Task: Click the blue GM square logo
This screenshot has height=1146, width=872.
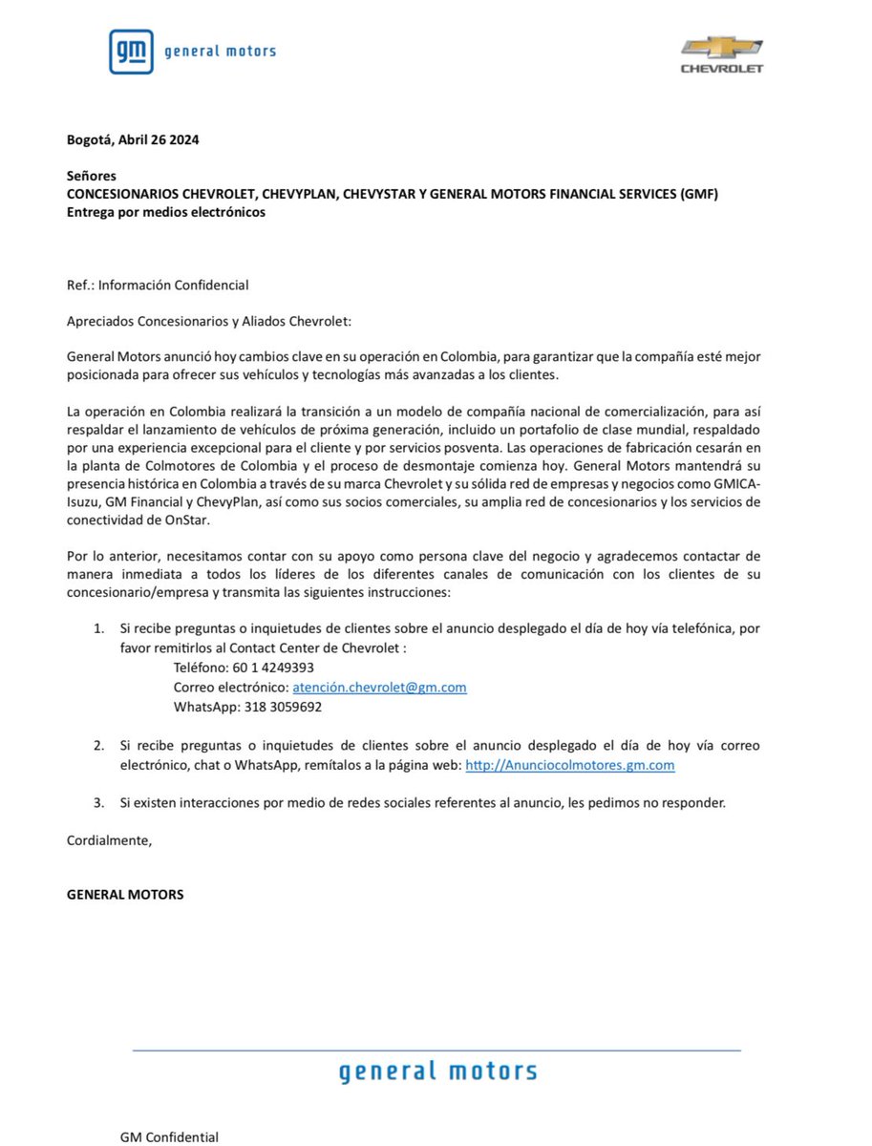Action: [130, 52]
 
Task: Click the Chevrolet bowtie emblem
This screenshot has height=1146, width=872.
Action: [721, 48]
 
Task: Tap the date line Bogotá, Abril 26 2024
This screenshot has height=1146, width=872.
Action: [133, 139]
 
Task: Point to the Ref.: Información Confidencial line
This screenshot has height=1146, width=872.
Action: [158, 285]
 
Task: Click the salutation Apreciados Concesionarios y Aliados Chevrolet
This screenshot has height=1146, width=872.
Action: [209, 321]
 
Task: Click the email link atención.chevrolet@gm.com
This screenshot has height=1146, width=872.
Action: [379, 688]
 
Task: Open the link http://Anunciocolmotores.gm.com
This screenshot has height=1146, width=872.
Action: [570, 766]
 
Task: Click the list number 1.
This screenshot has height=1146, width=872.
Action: [98, 629]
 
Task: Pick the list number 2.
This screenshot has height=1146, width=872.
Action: [98, 744]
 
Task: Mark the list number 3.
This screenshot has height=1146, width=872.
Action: [98, 802]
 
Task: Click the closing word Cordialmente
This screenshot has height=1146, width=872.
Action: [109, 839]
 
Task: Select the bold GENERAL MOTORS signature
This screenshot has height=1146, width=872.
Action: [125, 895]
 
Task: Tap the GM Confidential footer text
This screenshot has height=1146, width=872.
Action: [169, 1136]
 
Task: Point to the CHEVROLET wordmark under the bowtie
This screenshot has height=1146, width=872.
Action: [721, 69]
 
